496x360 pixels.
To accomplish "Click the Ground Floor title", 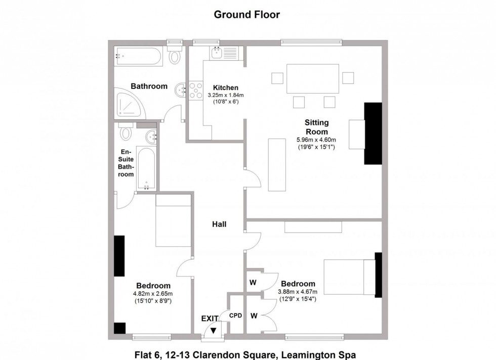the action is coord(247,15).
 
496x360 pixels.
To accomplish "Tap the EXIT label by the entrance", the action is coord(210,318).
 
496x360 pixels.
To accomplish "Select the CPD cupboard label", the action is coord(235,316).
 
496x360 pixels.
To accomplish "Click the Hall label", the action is coord(219,224).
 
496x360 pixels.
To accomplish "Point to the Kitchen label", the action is coord(226,87).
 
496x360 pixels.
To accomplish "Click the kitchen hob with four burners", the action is coord(196,90).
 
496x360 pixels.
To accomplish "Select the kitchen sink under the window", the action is coord(217,53).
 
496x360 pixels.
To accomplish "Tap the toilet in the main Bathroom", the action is coord(174,55).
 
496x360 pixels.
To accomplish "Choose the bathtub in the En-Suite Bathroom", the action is coord(146,168).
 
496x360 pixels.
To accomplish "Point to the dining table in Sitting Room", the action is coord(313,79).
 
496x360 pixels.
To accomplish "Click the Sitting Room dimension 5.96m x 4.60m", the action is coord(316,140).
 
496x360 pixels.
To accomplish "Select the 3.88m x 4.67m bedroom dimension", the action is coord(298,292).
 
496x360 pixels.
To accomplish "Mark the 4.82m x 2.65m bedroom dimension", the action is coord(153,294).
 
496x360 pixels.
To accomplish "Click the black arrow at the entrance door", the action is coord(214,331).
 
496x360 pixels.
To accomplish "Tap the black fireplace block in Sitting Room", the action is coord(373,133).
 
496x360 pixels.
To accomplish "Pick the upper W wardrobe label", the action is coord(253,282).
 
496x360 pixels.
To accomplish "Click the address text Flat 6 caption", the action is coord(245,354).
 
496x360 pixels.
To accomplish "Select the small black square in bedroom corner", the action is coord(119,328).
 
